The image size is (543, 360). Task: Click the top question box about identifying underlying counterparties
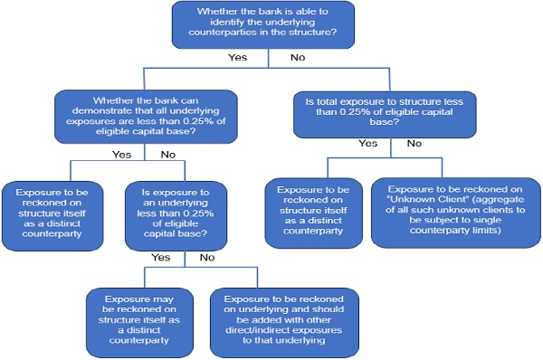[x=269, y=25]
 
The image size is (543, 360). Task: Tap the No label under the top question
[x=296, y=58]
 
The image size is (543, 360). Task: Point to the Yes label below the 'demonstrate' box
[x=122, y=155]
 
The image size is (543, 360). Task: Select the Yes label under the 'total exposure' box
[x=368, y=143]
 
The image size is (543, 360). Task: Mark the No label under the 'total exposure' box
[x=414, y=143]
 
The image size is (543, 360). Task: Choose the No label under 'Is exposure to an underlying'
[x=207, y=257]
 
